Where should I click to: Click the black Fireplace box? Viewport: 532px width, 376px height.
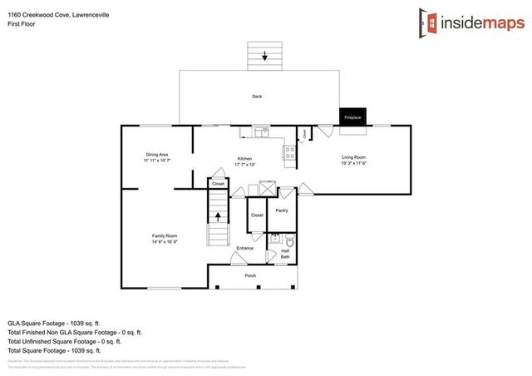pyautogui.click(x=352, y=117)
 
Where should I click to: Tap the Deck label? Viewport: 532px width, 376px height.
pyautogui.click(x=258, y=96)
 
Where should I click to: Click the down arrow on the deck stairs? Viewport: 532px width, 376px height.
pyautogui.click(x=265, y=57)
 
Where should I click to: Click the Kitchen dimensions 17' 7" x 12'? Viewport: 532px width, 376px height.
pyautogui.click(x=244, y=164)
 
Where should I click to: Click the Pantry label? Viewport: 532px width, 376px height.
pyautogui.click(x=282, y=210)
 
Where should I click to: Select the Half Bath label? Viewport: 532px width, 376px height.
pyautogui.click(x=285, y=255)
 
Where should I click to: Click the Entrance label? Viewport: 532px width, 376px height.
pyautogui.click(x=245, y=248)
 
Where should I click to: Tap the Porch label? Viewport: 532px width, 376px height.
pyautogui.click(x=249, y=275)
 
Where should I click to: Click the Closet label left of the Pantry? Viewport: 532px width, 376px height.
pyautogui.click(x=257, y=215)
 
